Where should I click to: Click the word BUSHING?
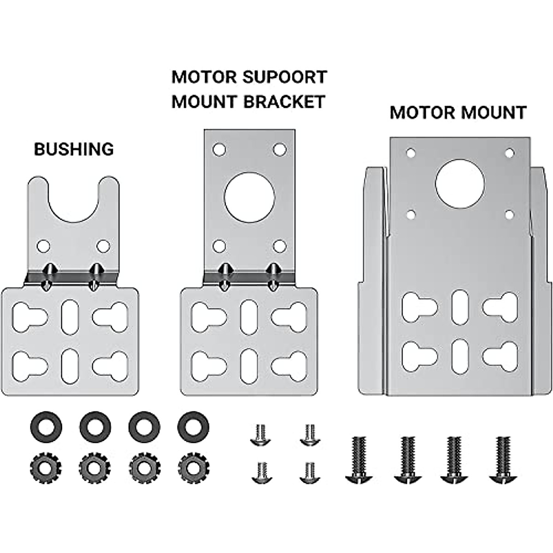click(x=74, y=149)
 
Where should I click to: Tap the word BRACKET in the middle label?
click(x=284, y=101)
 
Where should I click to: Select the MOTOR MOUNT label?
click(x=458, y=112)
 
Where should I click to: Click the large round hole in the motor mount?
click(x=459, y=183)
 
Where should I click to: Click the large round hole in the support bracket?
click(x=249, y=197)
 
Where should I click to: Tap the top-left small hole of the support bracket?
click(x=219, y=150)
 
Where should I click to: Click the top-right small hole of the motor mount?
click(x=509, y=153)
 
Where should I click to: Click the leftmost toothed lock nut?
click(x=45, y=468)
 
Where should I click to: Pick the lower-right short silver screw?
click(x=308, y=472)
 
